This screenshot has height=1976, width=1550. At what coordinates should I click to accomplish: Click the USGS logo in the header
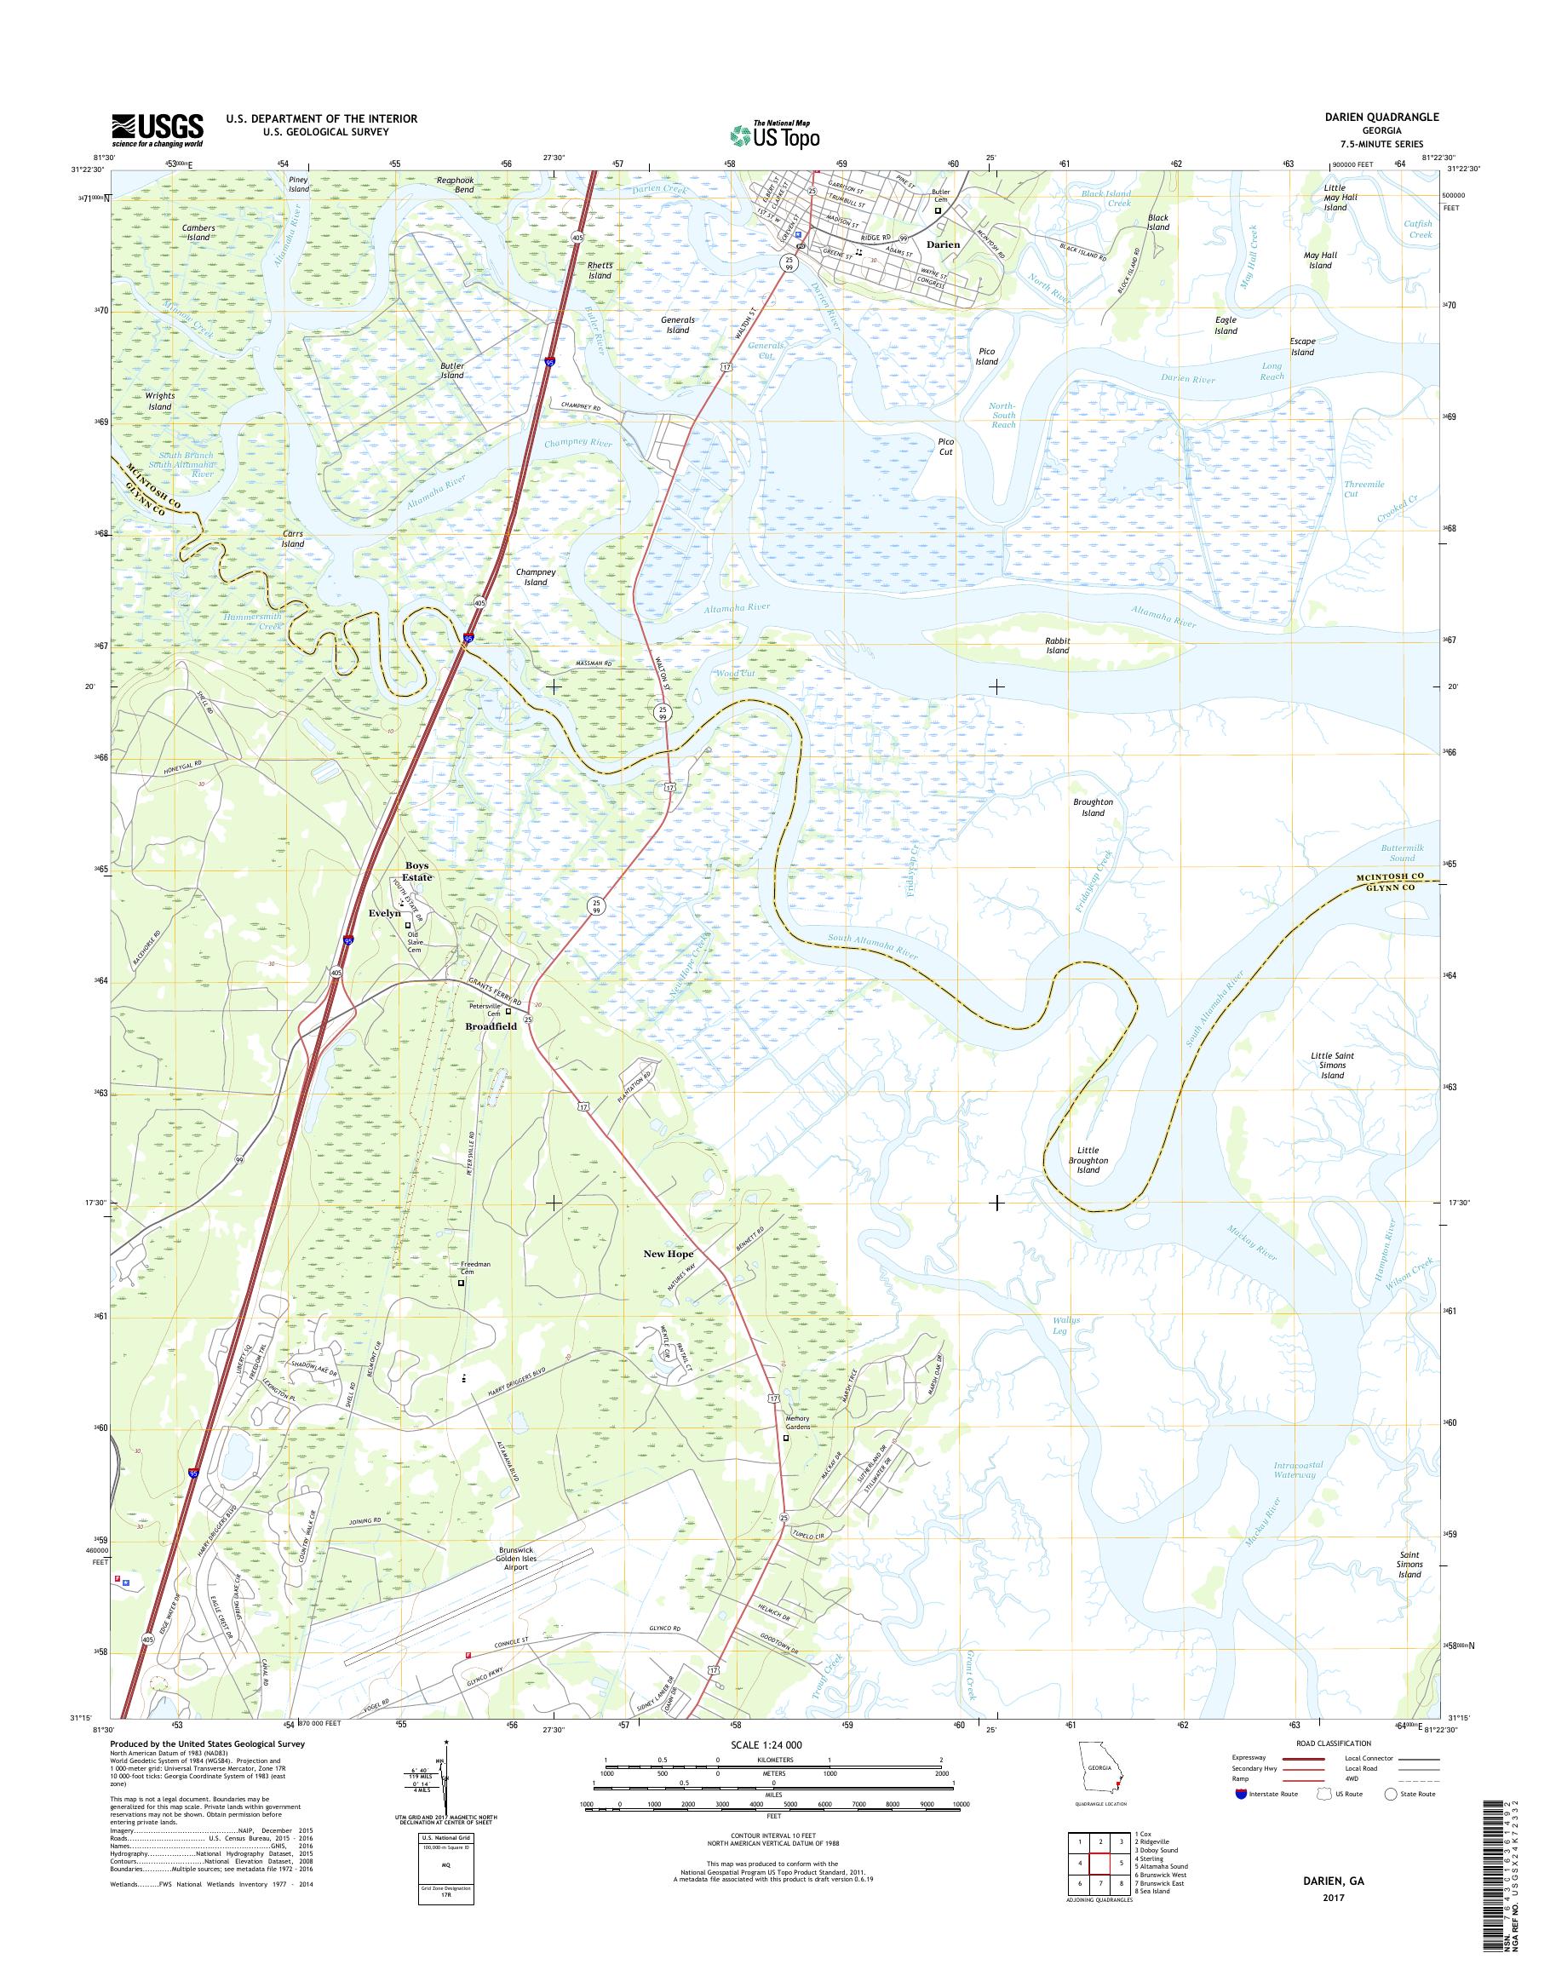click(x=156, y=129)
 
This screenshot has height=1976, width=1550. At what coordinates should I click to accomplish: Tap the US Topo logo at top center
click(x=774, y=135)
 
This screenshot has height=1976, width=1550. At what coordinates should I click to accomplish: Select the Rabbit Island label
click(x=1057, y=646)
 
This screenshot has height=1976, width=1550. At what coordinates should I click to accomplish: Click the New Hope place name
click(x=668, y=1254)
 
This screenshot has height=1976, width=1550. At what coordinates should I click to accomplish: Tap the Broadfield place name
click(x=490, y=1025)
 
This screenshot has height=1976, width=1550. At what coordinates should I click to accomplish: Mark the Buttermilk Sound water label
click(x=1402, y=853)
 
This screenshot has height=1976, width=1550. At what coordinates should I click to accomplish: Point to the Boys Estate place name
click(x=417, y=871)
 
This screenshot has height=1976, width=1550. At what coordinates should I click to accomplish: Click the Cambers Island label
click(x=198, y=233)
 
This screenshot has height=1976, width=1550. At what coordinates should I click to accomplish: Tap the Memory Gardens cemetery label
click(x=797, y=1422)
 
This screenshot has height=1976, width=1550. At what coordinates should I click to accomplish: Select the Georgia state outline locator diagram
click(x=1099, y=1770)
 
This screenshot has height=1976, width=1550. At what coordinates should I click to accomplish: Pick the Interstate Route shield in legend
click(x=1241, y=1794)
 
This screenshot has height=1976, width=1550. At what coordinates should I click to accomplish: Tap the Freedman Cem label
click(x=475, y=1268)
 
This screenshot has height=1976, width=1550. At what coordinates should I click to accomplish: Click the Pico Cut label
click(x=945, y=446)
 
